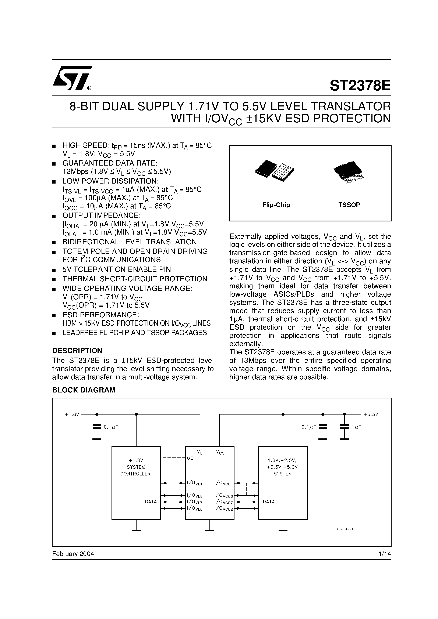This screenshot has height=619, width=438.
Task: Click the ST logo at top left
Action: coord(72,78)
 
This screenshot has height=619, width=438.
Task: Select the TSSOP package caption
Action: coord(349,205)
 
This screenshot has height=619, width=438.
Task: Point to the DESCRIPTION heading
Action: coord(77,351)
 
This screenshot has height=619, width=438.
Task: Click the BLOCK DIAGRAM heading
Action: coord(84,390)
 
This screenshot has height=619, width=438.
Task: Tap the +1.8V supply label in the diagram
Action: coord(72,414)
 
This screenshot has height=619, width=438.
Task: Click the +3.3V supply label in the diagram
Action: coord(371,414)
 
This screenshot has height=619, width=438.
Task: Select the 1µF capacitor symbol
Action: coord(345,427)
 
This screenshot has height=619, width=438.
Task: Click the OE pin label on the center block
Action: coord(190,458)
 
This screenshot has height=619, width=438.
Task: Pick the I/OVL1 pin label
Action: coord(194,483)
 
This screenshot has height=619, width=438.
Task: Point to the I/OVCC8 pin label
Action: coord(223,509)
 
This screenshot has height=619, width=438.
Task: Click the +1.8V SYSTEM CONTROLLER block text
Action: coord(136,467)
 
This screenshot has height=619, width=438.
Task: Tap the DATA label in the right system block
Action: coord(269,502)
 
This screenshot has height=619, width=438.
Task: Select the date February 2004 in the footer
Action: coord(73,554)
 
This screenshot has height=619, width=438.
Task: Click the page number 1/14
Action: coord(385,554)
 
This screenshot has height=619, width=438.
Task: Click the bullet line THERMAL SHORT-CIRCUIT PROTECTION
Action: coord(135,279)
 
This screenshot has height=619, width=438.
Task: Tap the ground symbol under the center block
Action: coord(209,530)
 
